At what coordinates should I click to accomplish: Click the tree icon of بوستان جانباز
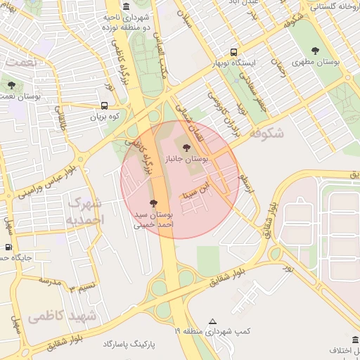tap(186, 148)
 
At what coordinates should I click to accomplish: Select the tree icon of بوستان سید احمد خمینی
tap(154, 202)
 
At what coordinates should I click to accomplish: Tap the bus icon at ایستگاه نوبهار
tap(233, 52)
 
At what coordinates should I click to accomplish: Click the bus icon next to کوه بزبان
tap(104, 107)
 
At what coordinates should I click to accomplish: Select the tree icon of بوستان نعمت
tap(11, 85)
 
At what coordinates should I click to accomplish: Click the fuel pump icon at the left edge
tap(8, 247)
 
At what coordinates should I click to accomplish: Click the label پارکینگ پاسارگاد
tap(129, 344)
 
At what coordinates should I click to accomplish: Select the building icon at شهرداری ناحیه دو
tap(126, 7)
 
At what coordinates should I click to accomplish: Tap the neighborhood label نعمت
tap(19, 63)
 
